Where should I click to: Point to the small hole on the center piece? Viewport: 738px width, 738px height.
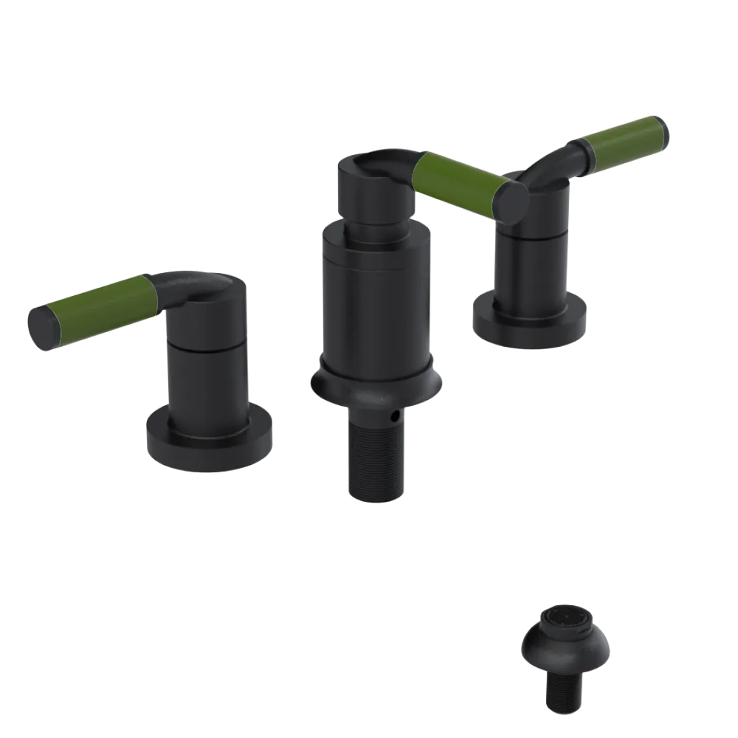click(x=397, y=418)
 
